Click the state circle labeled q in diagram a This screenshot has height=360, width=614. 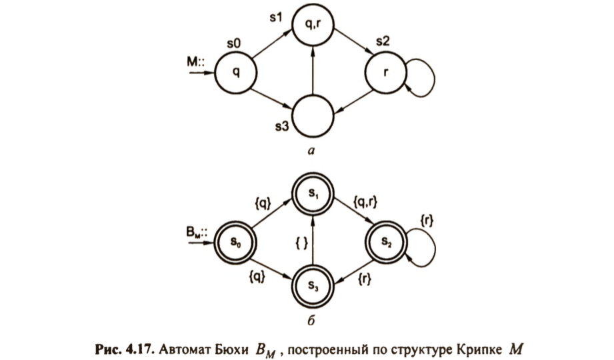pos(236,72)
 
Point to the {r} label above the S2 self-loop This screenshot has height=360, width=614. pos(427,220)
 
